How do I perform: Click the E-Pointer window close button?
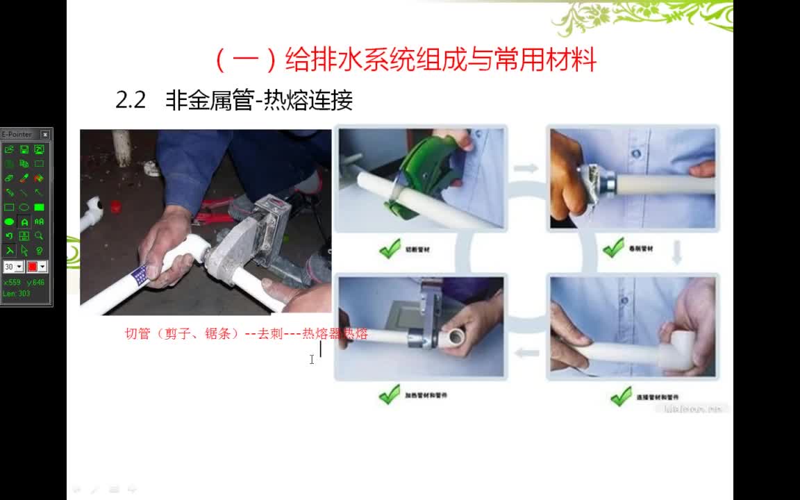[45, 135]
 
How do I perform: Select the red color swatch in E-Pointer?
[32, 267]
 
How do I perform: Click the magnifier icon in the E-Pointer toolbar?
[39, 236]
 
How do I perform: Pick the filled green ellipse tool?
[9, 222]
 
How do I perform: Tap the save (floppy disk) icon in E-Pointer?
[24, 149]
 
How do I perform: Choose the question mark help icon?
[39, 251]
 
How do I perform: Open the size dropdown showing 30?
[19, 267]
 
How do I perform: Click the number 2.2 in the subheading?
[131, 101]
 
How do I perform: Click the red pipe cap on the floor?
[116, 206]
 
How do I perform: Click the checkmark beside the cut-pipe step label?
[390, 248]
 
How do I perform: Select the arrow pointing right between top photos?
[526, 168]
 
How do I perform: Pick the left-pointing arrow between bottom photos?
[527, 353]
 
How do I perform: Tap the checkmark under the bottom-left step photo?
[390, 395]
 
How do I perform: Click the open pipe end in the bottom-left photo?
[456, 338]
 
